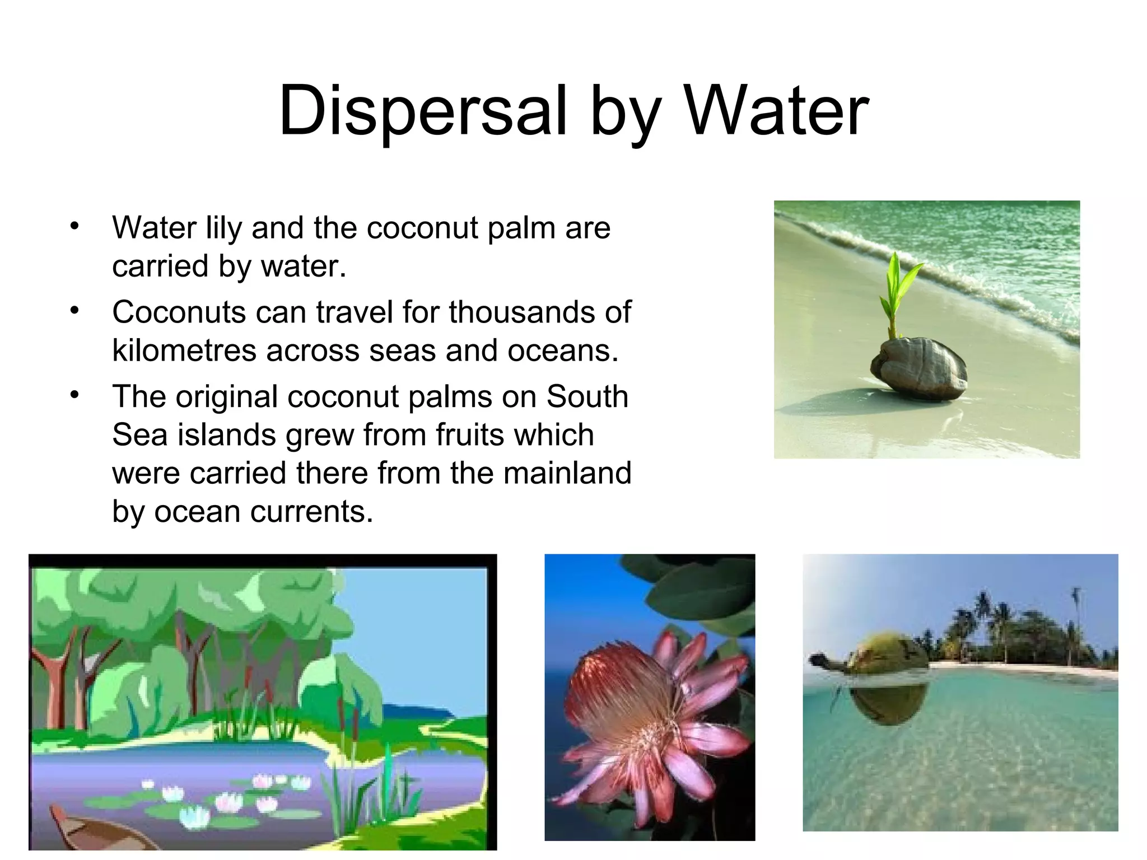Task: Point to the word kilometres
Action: pos(184,350)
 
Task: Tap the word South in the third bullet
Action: pos(587,396)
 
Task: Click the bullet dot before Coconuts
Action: pos(75,311)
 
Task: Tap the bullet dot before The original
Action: pos(75,395)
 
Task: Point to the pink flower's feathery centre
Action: pos(622,700)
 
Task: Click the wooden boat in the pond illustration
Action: pos(90,829)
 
